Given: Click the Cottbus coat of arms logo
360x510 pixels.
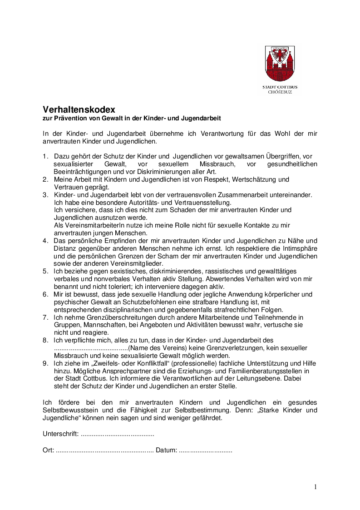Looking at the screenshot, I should coord(280,64).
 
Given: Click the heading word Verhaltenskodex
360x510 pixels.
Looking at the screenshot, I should coord(79,109).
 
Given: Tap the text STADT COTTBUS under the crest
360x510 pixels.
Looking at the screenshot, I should coord(280,87).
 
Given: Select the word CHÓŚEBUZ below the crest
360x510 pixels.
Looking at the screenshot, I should coord(280,92).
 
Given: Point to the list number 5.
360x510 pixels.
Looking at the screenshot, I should coord(45,271).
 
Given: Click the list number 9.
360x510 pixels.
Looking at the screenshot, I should coord(45,364).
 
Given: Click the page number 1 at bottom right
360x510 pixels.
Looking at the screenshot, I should coord(316,487).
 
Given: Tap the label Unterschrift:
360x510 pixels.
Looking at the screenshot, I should coord(61,434).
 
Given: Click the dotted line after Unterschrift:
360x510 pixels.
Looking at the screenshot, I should coord(117,434).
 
